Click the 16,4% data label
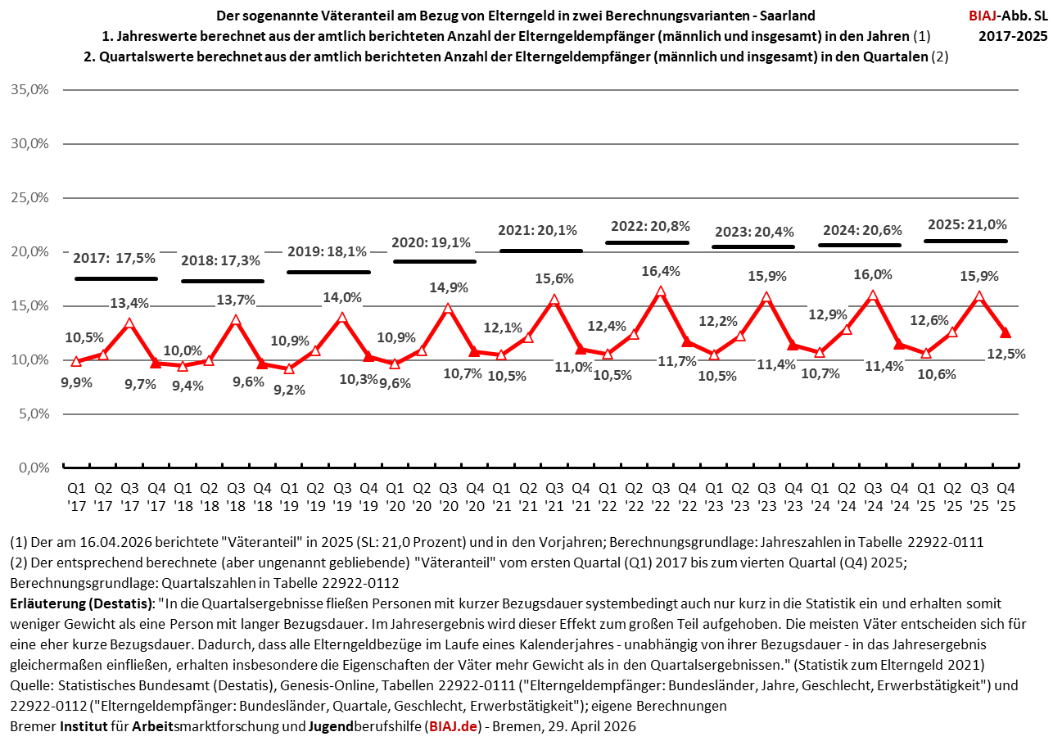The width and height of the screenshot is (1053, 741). pos(660,271)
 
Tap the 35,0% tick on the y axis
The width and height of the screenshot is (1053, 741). pos(31,89)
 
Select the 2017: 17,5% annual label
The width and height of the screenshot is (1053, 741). pos(114,258)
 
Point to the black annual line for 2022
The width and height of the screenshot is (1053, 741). pos(647,242)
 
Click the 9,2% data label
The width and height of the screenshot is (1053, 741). pos(289,390)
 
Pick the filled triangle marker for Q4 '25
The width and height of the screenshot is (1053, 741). pos(1006,332)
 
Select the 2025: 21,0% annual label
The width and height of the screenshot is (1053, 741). pos(966,224)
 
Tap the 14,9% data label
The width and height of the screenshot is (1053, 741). pos(448,287)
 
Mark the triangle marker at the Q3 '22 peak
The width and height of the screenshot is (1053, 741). pos(660,291)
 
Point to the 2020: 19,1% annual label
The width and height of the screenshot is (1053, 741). pos(432,242)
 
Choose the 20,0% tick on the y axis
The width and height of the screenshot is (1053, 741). pos(31,251)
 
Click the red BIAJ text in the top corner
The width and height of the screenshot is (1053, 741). pos(986,16)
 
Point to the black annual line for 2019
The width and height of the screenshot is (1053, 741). pos(328,272)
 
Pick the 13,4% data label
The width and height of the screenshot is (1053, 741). pos(129,303)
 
